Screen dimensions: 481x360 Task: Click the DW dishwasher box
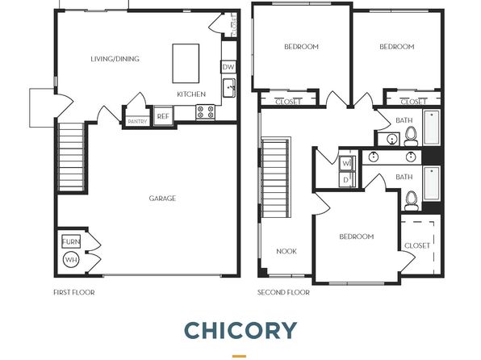point(228,67)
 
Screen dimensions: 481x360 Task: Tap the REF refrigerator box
point(163,116)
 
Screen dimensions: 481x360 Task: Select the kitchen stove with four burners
point(206,111)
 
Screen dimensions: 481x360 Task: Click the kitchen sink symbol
point(229,88)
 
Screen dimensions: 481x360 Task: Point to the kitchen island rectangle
point(186,64)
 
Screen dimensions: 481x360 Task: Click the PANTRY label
point(137,122)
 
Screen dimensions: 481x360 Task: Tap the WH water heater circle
point(71,260)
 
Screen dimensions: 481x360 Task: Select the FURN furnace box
point(71,241)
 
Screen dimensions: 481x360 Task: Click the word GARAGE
point(162,199)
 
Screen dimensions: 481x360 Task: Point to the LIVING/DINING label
point(115,59)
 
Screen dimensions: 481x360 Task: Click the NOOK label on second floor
point(287,251)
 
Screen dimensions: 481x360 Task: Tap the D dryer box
point(347,180)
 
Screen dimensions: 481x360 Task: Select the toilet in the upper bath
point(411,136)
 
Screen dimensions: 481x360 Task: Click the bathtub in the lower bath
point(432,183)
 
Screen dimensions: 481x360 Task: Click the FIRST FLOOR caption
point(74,292)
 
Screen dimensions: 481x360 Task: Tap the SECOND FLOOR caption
point(283,292)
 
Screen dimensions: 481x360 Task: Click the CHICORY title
point(240,330)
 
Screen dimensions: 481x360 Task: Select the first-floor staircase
point(71,157)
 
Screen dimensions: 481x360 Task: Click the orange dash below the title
point(239,356)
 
